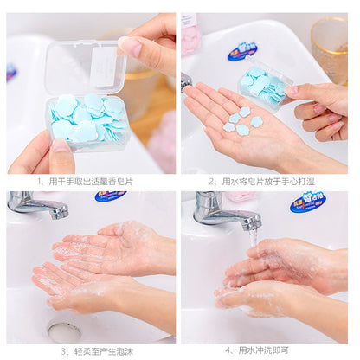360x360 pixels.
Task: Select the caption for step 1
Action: tap(90, 182)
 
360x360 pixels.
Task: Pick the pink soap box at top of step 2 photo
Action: tap(190, 35)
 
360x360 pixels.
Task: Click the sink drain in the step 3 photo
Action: tap(64, 331)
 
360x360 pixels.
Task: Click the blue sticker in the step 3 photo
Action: tap(110, 196)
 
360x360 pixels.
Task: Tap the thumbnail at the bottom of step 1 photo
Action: tap(60, 146)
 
